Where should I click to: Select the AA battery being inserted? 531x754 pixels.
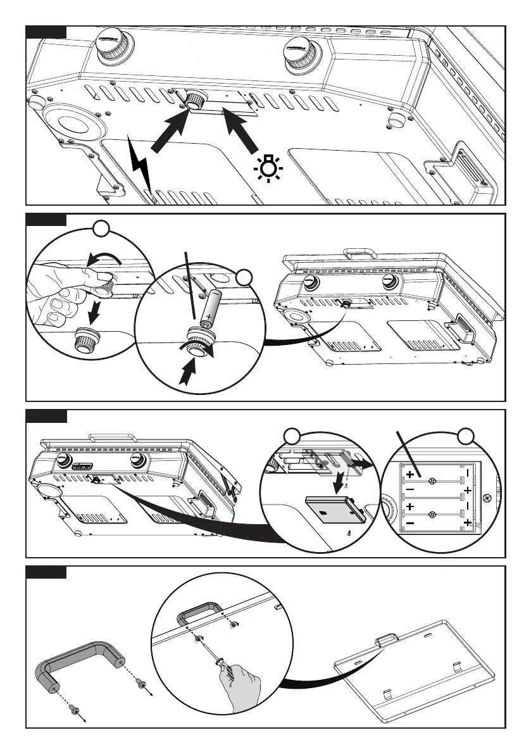coord(209,308)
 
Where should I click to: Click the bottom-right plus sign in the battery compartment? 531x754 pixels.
coord(468,522)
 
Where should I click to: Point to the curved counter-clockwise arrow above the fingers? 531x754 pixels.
coord(105,258)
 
